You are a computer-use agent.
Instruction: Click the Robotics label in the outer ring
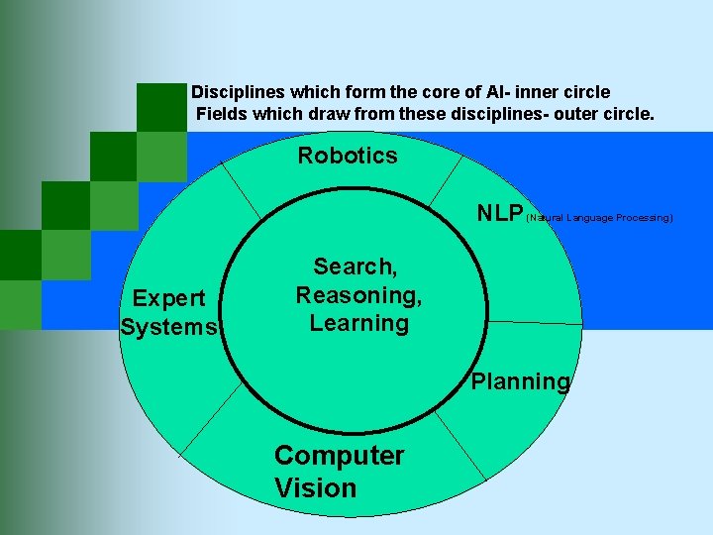coord(348,156)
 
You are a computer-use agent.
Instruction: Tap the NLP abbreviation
coord(499,213)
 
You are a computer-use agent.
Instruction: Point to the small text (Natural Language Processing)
coord(599,217)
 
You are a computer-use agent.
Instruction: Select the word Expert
coord(169,298)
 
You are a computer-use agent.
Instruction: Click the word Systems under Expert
coord(167,327)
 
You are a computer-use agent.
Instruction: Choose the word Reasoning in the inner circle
coord(358,295)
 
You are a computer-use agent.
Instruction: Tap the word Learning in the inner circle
coord(358,323)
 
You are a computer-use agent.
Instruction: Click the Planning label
coord(521,381)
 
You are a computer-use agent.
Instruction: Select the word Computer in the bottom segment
coord(339,456)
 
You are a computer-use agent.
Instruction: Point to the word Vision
coord(315,487)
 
